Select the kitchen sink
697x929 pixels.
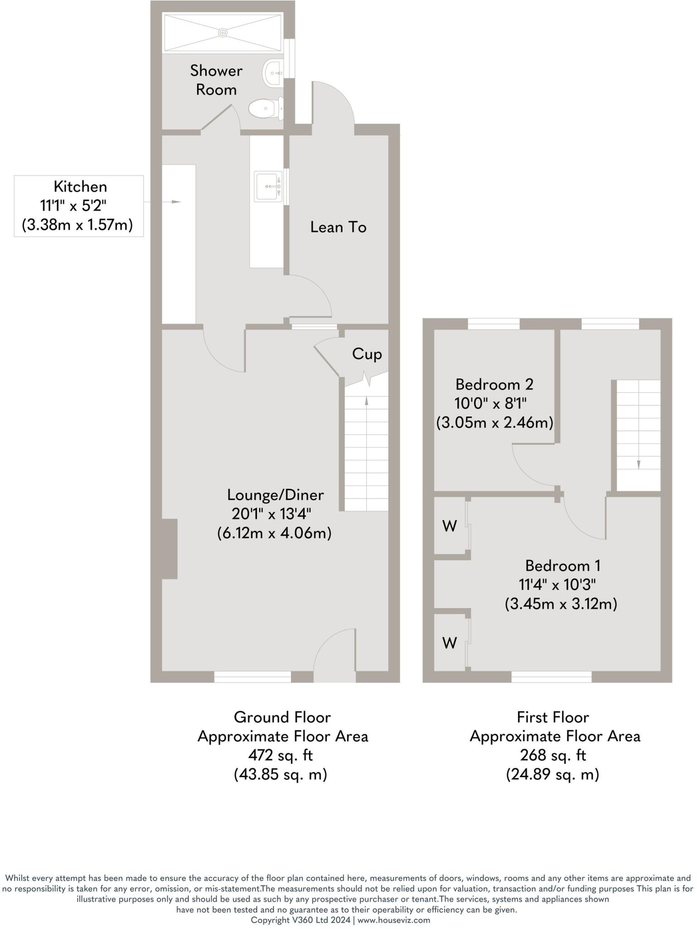tap(268, 186)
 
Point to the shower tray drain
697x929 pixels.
tap(223, 33)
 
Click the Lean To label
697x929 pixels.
tap(338, 227)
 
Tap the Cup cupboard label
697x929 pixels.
tap(367, 354)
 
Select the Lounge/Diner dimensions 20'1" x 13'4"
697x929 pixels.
tap(271, 514)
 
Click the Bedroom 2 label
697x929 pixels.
tap(494, 385)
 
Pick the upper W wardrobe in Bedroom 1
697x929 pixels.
tap(449, 526)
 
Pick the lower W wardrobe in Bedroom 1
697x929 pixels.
tap(449, 643)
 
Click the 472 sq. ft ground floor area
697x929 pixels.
tap(281, 755)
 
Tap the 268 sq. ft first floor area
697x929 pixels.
tap(552, 755)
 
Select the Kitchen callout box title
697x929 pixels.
tap(80, 187)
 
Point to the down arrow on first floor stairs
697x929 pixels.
tap(639, 464)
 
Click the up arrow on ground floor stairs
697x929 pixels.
tap(366, 401)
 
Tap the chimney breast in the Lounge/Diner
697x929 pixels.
tap(169, 549)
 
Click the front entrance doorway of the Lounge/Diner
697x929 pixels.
tap(334, 676)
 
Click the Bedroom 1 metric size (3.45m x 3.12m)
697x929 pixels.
tap(561, 604)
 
